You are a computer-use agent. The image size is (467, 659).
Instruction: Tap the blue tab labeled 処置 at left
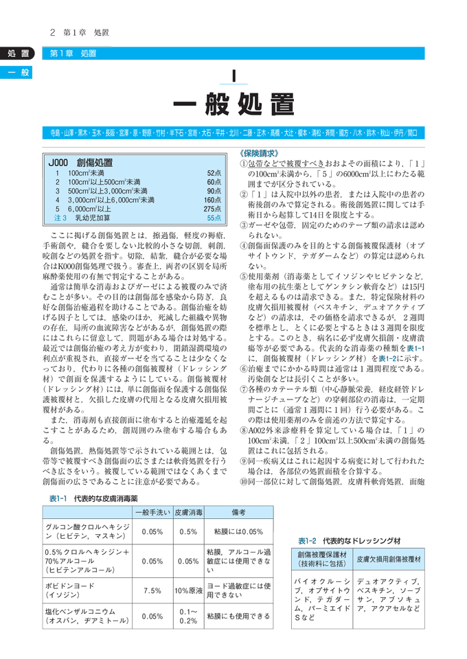point(16,54)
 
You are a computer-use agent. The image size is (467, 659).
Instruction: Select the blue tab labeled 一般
point(16,71)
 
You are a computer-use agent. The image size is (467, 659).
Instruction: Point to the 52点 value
point(214,174)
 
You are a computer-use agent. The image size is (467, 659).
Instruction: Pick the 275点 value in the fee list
point(211,208)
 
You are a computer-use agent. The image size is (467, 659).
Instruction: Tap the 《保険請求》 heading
point(258,153)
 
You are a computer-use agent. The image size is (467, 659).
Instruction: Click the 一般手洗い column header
point(152,494)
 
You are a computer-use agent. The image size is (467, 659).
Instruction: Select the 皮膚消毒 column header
point(187,494)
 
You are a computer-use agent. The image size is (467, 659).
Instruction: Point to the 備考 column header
point(238,494)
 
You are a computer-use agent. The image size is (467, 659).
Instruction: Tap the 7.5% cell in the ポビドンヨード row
point(152,590)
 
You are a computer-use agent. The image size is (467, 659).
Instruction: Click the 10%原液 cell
point(187,590)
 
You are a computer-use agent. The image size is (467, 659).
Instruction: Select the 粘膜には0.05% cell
point(238,512)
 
